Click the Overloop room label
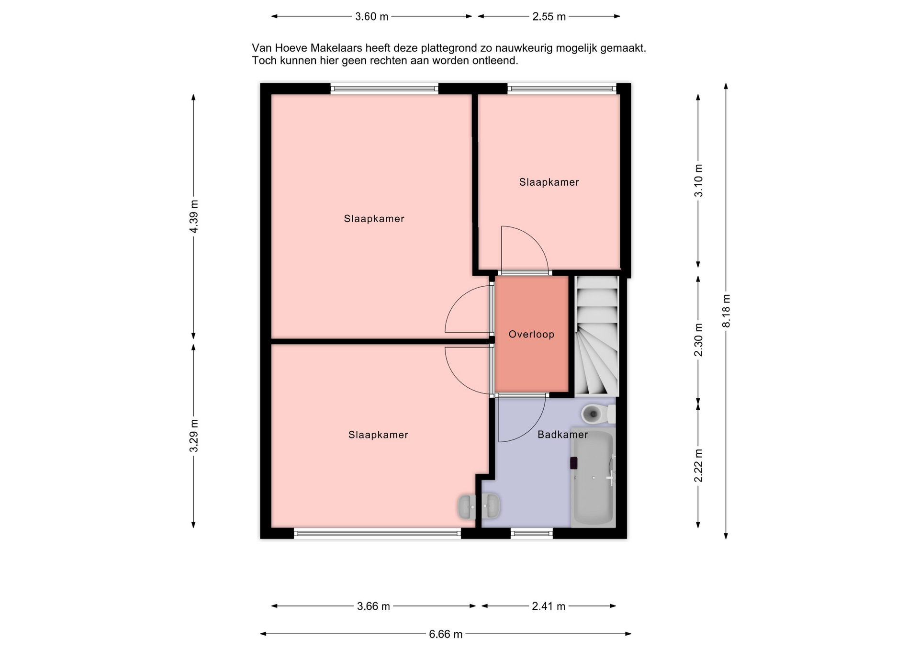531,334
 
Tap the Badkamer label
562,435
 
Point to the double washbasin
479,506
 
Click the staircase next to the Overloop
596,336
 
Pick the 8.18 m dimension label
726,311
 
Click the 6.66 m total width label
446,634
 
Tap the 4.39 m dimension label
194,216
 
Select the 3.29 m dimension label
194,436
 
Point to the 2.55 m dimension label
549,17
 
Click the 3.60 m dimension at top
371,17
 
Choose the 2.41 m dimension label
549,606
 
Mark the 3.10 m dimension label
698,180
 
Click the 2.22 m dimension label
698,466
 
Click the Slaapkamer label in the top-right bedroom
549,182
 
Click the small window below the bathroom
532,533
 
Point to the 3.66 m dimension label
373,606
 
